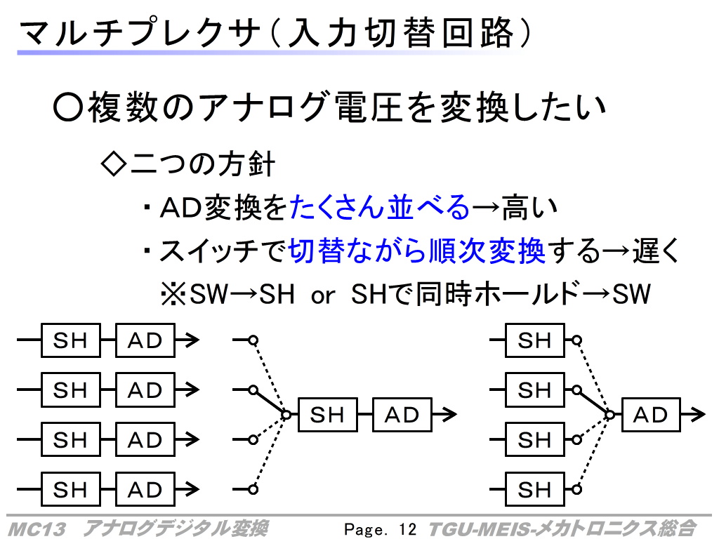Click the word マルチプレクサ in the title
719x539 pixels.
click(x=139, y=32)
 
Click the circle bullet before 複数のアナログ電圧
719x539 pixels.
click(x=68, y=107)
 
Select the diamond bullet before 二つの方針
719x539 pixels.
click(x=113, y=164)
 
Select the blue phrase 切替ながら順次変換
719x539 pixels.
click(x=417, y=251)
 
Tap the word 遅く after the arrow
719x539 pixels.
click(x=656, y=251)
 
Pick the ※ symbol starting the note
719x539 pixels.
click(x=173, y=294)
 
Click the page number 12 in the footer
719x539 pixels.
click(x=408, y=529)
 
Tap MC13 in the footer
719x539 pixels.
click(x=37, y=529)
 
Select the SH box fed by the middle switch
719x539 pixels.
click(x=327, y=415)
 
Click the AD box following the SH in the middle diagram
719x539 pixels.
click(x=402, y=415)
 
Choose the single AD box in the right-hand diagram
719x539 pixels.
click(x=651, y=415)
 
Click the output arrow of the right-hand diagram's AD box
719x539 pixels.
click(x=693, y=414)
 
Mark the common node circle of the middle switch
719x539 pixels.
click(x=286, y=415)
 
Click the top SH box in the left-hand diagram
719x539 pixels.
click(x=71, y=340)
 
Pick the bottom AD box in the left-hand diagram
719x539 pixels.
click(x=145, y=489)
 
